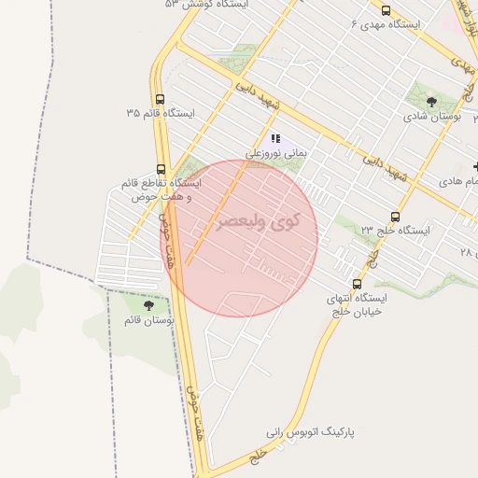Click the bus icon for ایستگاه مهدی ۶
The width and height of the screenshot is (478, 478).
click(x=387, y=11)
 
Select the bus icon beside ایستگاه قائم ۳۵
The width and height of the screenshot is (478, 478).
click(x=161, y=99)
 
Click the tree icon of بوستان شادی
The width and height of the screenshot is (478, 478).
click(x=430, y=103)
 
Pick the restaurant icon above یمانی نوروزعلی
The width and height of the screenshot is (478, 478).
click(x=275, y=138)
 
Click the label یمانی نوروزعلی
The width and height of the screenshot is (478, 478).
click(x=275, y=152)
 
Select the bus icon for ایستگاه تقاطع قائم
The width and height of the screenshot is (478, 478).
click(x=162, y=169)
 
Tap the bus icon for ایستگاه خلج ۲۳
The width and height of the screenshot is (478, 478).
click(x=395, y=216)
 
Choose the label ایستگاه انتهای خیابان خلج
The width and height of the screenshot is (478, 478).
click(x=356, y=305)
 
